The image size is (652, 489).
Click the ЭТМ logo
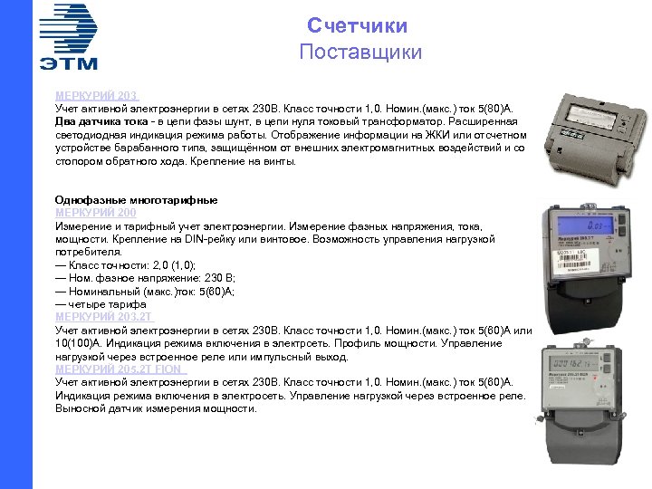[x=69, y=36]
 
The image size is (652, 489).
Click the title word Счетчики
[x=357, y=25]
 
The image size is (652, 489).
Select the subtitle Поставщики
[x=360, y=52]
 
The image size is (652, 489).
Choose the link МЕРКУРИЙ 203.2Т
[x=104, y=317]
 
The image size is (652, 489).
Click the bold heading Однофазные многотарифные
[x=136, y=199]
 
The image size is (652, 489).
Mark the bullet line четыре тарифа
[x=100, y=304]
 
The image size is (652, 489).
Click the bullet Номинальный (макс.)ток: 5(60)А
[x=145, y=292]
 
